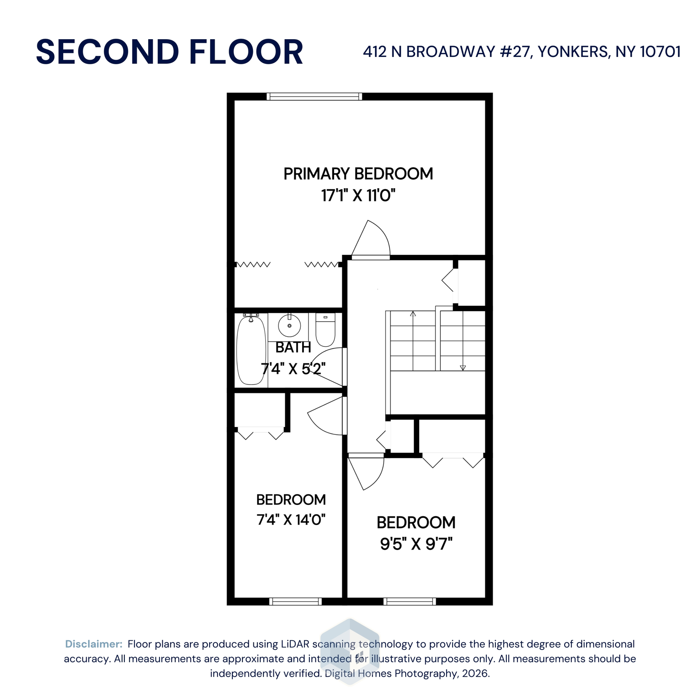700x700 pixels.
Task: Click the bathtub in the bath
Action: [251, 350]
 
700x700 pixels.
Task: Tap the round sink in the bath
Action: [289, 326]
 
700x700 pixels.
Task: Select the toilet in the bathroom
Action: [325, 330]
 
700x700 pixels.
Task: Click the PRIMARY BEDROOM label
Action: [358, 174]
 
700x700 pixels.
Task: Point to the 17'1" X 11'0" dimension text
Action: [358, 196]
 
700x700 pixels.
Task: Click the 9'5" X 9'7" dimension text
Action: [416, 544]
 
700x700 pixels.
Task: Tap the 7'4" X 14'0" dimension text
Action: [291, 520]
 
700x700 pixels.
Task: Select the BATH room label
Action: [293, 347]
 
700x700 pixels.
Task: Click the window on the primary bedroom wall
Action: [314, 96]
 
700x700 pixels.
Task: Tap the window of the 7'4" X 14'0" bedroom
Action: [295, 602]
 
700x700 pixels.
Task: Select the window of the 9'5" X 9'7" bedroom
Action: [410, 602]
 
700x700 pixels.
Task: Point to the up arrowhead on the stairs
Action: [413, 314]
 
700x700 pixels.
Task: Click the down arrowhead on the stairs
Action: [463, 367]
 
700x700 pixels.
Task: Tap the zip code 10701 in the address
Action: [660, 52]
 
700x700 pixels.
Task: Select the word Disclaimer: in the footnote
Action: [94, 644]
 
